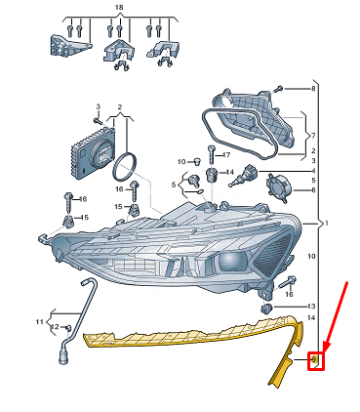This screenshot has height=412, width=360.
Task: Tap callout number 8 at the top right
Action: point(314,89)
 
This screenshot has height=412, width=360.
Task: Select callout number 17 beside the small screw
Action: point(226,155)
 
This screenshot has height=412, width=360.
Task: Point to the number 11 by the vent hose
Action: point(40,321)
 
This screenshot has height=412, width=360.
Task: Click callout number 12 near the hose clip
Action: point(56,327)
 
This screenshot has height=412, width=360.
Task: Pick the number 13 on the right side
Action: point(312,306)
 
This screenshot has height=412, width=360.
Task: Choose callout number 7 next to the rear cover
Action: point(312,135)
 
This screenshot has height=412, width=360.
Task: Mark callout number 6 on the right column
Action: point(312,190)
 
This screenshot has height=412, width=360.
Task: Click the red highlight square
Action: point(315,361)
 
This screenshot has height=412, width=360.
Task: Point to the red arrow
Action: point(334,314)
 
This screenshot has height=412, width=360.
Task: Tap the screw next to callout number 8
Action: point(288,89)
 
